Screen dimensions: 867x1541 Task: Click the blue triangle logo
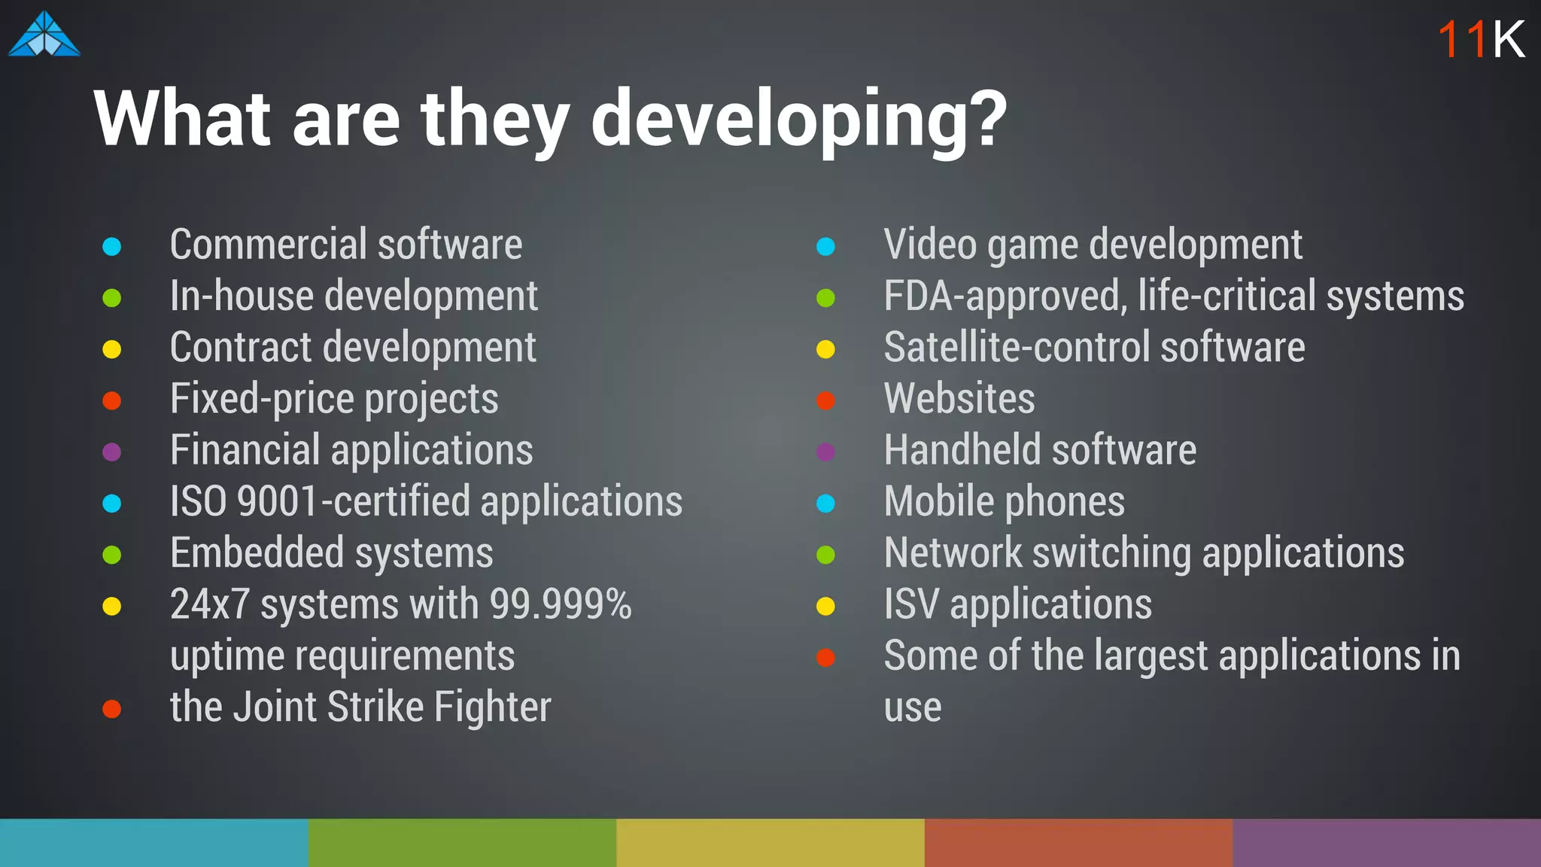[x=44, y=35]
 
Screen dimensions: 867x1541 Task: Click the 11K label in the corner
[x=1480, y=39]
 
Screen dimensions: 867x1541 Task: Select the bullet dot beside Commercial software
[x=112, y=246]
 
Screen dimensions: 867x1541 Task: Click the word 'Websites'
[x=959, y=398]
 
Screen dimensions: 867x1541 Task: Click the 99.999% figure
[x=561, y=604]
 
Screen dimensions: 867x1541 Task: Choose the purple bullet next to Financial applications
[x=112, y=452]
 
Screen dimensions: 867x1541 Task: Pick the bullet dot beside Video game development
[x=825, y=246]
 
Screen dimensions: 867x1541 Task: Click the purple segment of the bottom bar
[x=1386, y=843]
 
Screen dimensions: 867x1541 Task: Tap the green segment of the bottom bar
[x=462, y=843]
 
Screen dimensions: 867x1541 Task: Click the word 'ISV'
[x=911, y=604]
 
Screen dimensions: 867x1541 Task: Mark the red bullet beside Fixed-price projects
[x=112, y=400]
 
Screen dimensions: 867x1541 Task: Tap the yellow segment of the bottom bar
[x=770, y=843]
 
